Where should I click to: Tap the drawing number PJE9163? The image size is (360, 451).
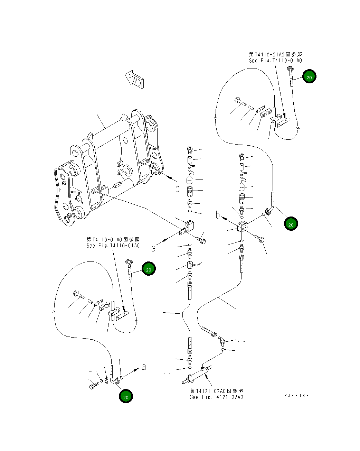click(296, 395)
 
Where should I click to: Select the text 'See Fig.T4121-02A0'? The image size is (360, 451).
click(216, 397)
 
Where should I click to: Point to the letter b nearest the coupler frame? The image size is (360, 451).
click(177, 188)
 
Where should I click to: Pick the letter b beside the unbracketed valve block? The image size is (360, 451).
click(218, 215)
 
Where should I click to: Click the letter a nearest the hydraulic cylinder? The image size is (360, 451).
click(144, 367)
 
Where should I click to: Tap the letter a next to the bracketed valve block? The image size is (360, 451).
click(153, 248)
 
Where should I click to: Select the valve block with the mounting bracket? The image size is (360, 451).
click(188, 227)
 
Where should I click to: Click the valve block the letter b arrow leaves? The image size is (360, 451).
click(243, 227)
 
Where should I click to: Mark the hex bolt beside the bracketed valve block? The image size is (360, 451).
click(201, 240)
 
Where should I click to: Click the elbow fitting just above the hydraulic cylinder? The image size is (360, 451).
click(221, 341)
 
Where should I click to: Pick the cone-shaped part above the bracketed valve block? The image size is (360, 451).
click(189, 180)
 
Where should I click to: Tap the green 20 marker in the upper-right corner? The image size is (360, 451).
click(309, 77)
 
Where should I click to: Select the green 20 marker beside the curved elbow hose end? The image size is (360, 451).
click(291, 224)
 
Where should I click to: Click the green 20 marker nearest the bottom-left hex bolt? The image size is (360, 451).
click(126, 397)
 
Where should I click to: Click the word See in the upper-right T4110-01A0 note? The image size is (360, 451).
click(253, 61)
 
